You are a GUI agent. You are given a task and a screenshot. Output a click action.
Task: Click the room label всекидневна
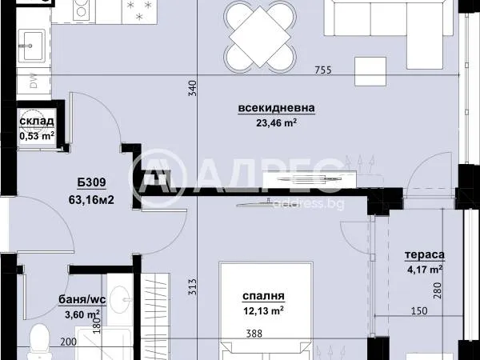click(277, 108)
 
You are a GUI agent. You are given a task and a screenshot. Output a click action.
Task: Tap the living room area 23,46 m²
click(276, 122)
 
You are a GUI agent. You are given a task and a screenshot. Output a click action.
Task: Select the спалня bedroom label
click(263, 296)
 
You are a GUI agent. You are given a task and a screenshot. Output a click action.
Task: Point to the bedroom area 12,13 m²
click(263, 311)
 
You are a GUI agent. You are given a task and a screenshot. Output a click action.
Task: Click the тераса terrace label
click(424, 254)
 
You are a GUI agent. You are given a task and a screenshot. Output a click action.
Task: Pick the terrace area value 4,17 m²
click(425, 270)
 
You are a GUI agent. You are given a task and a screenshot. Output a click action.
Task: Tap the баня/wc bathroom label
click(82, 299)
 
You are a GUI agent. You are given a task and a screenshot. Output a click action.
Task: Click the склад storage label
click(37, 122)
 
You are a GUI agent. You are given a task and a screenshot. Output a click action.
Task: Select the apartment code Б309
click(91, 182)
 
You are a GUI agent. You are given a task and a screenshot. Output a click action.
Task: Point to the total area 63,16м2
click(91, 200)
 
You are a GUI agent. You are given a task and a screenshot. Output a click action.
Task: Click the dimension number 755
click(323, 70)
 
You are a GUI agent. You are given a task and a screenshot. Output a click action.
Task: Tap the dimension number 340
click(192, 88)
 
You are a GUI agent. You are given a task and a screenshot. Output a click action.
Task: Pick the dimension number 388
click(254, 334)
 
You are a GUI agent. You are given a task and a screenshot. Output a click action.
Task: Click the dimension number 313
click(192, 287)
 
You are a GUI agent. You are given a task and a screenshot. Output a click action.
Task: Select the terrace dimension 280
click(438, 290)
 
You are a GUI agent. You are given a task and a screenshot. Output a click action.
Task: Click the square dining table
click(259, 37)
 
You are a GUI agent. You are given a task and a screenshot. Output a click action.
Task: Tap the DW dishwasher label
click(34, 81)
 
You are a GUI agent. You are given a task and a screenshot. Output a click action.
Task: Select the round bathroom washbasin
click(121, 298)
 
